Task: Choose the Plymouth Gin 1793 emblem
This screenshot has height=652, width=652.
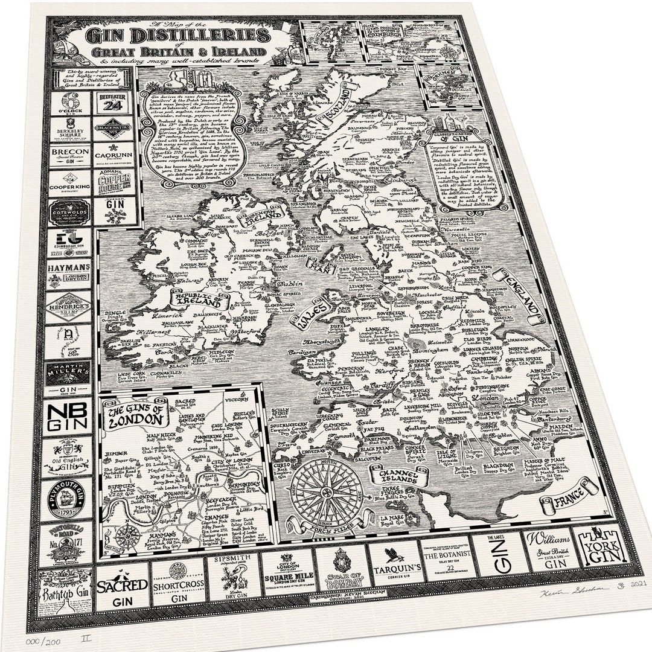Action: click(66, 498)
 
